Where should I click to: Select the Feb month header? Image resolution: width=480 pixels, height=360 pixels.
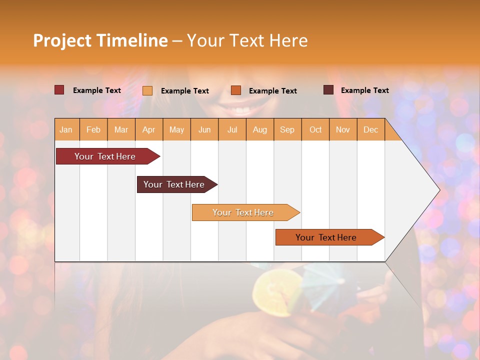pos(93,129)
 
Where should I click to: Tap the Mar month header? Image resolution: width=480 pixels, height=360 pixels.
pos(121,129)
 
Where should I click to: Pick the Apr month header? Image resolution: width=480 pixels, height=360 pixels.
pos(149,129)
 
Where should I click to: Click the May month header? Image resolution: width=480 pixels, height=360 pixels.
pos(176,129)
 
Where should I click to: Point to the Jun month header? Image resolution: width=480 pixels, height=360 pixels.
pos(204,129)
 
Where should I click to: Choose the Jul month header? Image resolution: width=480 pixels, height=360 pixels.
pos(232,129)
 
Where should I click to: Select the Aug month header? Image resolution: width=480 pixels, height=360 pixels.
pos(260,129)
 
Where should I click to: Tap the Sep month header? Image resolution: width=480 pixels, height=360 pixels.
pos(287,129)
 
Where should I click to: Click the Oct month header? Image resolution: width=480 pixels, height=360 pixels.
pos(315,129)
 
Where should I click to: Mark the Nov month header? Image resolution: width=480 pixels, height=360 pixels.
pos(343,129)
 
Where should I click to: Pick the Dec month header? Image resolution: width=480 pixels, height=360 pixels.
pos(371,129)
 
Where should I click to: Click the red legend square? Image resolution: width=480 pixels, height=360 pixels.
pos(59,90)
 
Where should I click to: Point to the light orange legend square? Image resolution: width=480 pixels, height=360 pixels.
pos(147,90)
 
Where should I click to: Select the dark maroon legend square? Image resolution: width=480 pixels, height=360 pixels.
pos(328,90)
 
